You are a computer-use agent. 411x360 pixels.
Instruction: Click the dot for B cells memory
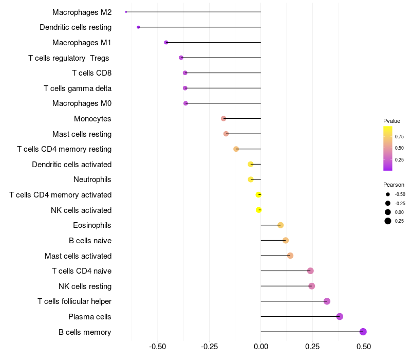(363, 332)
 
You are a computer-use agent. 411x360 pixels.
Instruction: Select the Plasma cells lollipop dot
(340, 316)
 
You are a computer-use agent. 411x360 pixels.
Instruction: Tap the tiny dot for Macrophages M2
(126, 12)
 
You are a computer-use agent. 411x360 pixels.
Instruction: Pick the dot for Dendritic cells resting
(138, 27)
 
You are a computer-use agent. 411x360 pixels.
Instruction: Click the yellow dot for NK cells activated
(259, 210)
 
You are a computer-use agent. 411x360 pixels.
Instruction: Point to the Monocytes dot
(223, 118)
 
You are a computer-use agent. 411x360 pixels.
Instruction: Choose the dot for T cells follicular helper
(327, 301)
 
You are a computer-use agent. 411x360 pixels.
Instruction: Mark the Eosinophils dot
(281, 225)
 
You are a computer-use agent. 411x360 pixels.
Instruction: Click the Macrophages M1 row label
(82, 43)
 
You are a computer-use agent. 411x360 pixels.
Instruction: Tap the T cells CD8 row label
(91, 73)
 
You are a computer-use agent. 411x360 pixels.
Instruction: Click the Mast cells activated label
(78, 256)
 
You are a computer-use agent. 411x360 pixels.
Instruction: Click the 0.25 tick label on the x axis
(312, 347)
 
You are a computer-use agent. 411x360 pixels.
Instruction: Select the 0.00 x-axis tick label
(261, 347)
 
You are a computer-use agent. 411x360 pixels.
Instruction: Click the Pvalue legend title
(391, 121)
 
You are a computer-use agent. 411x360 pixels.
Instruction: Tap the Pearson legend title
(394, 185)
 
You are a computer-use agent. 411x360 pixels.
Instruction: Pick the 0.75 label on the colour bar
(399, 137)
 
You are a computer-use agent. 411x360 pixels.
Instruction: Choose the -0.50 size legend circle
(387, 194)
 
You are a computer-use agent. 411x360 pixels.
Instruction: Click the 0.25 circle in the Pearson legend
(387, 221)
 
